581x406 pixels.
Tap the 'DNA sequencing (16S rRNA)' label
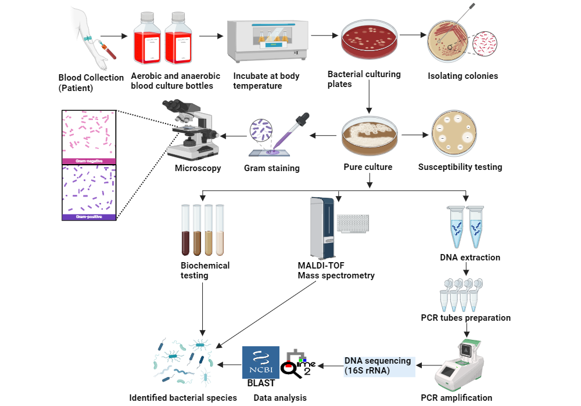(378, 365)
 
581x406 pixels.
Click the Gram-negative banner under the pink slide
(89, 161)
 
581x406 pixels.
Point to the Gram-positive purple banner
(89, 217)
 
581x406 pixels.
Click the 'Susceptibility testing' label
(460, 167)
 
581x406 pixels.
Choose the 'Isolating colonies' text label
(462, 76)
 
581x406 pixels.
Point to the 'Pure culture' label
(368, 167)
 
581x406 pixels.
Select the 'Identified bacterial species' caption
(183, 397)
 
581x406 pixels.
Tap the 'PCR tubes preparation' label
(465, 318)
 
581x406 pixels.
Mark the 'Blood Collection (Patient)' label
(91, 82)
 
